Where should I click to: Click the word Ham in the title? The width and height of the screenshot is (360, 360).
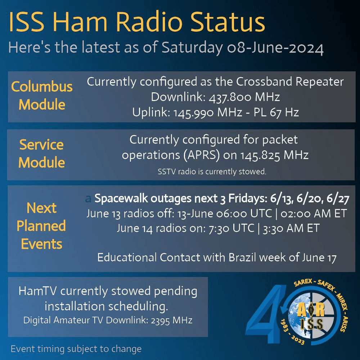coord(81,22)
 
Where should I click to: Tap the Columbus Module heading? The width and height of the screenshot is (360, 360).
coord(42,95)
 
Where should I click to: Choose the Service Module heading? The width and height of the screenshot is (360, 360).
coord(41,154)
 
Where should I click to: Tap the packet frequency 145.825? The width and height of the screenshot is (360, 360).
coord(260,156)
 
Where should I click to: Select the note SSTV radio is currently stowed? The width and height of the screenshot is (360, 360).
coord(212,171)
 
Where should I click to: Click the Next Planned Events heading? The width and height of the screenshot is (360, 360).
coord(41,226)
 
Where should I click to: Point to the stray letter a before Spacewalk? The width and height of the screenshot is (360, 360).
coord(88,199)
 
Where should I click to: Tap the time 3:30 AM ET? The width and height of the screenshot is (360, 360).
coord(291,229)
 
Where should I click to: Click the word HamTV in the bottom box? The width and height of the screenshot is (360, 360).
coord(38,291)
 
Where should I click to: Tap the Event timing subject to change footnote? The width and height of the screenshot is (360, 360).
coord(76,349)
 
